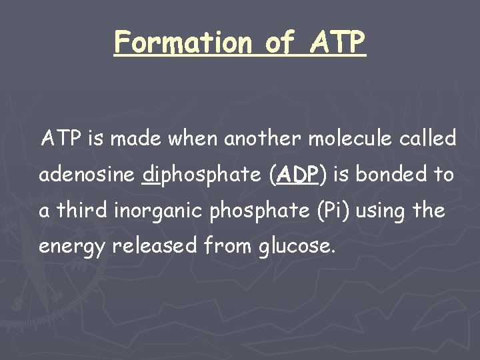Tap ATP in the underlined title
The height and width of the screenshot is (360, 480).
339,43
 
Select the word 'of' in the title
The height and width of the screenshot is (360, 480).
280,43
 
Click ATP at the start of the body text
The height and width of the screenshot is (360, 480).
61,139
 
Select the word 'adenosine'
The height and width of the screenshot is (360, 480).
87,175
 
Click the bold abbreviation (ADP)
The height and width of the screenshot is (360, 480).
297,176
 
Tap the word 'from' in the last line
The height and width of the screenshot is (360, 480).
224,247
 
